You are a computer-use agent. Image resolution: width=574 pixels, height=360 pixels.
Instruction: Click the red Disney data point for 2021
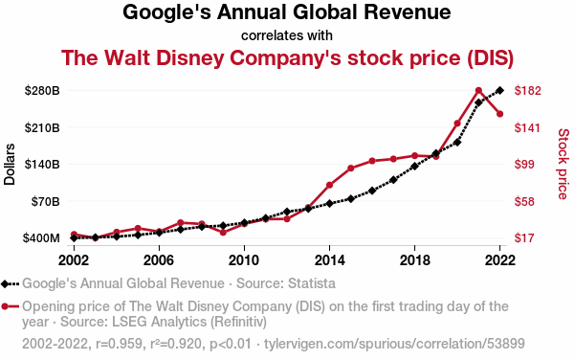coord(478,90)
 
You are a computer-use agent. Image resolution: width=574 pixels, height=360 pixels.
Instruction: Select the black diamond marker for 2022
coord(499,90)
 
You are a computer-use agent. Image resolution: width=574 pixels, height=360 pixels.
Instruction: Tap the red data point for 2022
coord(499,114)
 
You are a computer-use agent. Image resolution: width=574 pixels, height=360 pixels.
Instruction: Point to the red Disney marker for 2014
coord(329,185)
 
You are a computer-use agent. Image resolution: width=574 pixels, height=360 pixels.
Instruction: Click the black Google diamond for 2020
coord(457,142)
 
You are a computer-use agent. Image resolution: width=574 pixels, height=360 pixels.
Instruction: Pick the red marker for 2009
coord(223,233)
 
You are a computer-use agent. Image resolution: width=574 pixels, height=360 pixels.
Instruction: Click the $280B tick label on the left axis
coord(42,90)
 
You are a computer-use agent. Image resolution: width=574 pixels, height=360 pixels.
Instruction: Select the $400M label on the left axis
coord(41,238)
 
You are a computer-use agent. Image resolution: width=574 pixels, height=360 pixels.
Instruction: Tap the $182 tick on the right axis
coord(527,90)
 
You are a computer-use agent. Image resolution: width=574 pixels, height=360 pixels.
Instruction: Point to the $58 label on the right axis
coord(525,201)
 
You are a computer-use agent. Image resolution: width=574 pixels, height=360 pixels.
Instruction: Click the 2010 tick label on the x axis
coord(244,260)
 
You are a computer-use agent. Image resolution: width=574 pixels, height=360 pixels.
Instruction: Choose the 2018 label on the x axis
coord(415,260)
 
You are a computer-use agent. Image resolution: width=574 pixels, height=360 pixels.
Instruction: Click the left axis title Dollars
coord(10,164)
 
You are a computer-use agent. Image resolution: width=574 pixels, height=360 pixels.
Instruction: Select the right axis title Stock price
coord(563,164)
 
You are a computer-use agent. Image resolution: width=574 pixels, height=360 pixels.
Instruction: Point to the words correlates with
coord(287,35)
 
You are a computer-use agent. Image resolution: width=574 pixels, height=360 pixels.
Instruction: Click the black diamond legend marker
coord(5,283)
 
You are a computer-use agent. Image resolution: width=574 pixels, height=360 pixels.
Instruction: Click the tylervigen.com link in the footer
coord(394,344)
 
